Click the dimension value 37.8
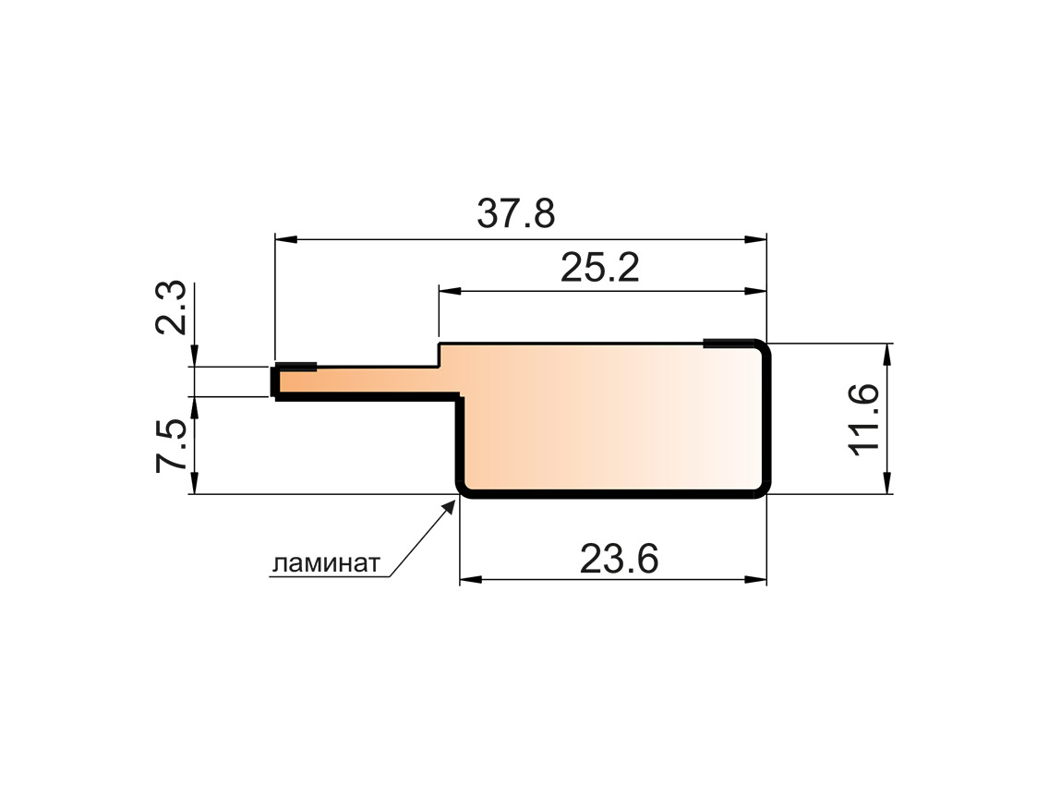click(516, 214)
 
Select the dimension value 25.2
click(599, 269)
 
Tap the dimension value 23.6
click(619, 559)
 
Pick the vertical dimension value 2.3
click(173, 308)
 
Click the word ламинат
click(325, 563)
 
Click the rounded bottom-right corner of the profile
click(762, 489)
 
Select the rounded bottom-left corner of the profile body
click(464, 489)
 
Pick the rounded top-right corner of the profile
click(762, 349)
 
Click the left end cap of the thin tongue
click(275, 381)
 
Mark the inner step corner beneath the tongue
click(459, 398)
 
